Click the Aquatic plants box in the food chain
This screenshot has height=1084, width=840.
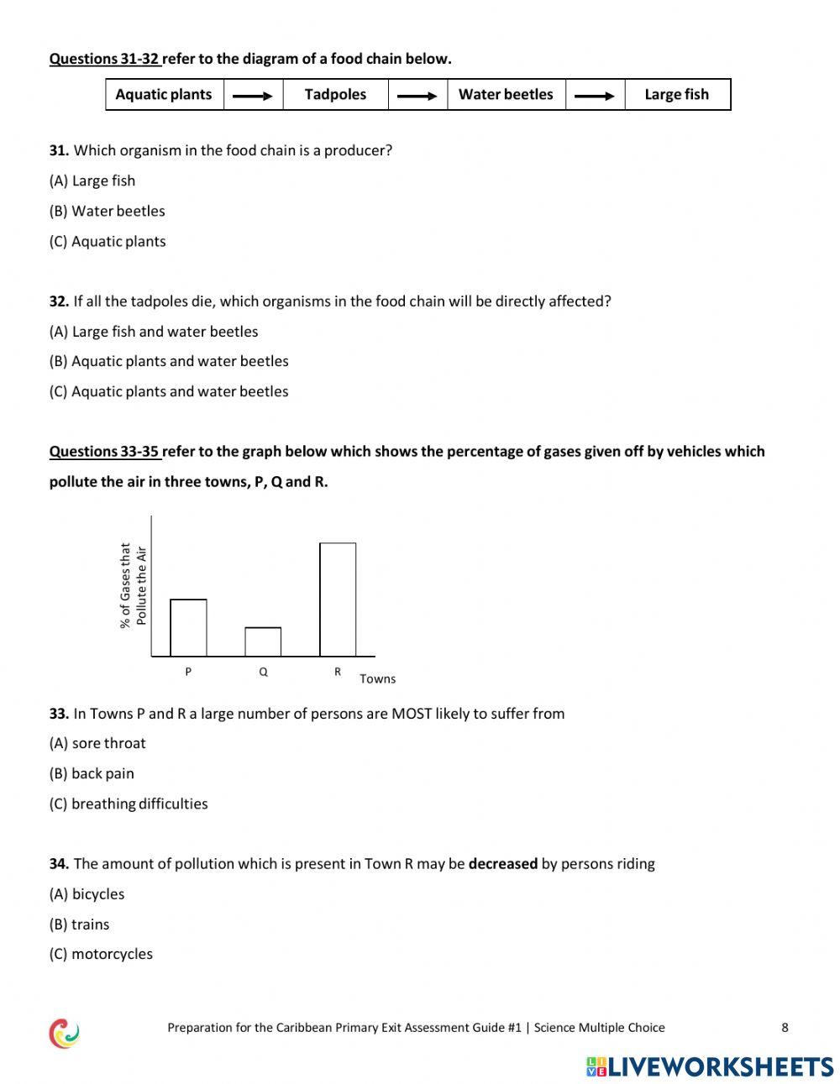(164, 95)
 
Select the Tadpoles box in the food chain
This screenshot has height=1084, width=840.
(335, 95)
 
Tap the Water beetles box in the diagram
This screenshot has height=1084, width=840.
(506, 95)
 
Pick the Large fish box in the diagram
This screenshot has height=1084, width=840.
(677, 95)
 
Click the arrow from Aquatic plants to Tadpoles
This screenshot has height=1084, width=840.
(253, 96)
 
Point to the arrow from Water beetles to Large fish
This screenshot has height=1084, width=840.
(595, 96)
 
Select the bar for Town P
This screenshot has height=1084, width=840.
(188, 628)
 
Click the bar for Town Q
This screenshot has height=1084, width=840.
(263, 642)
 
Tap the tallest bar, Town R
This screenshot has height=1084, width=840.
(338, 600)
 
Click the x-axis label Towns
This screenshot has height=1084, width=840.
(377, 678)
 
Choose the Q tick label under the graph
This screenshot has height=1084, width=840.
(263, 672)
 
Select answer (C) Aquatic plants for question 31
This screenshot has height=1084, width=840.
(108, 241)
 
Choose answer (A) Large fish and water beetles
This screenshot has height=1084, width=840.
(154, 332)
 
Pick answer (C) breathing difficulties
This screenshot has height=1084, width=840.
(129, 804)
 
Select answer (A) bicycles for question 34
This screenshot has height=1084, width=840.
(87, 894)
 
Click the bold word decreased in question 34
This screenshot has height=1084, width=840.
(502, 864)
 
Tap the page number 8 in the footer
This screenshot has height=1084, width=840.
(785, 1027)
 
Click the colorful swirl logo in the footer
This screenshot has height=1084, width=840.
(64, 1033)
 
